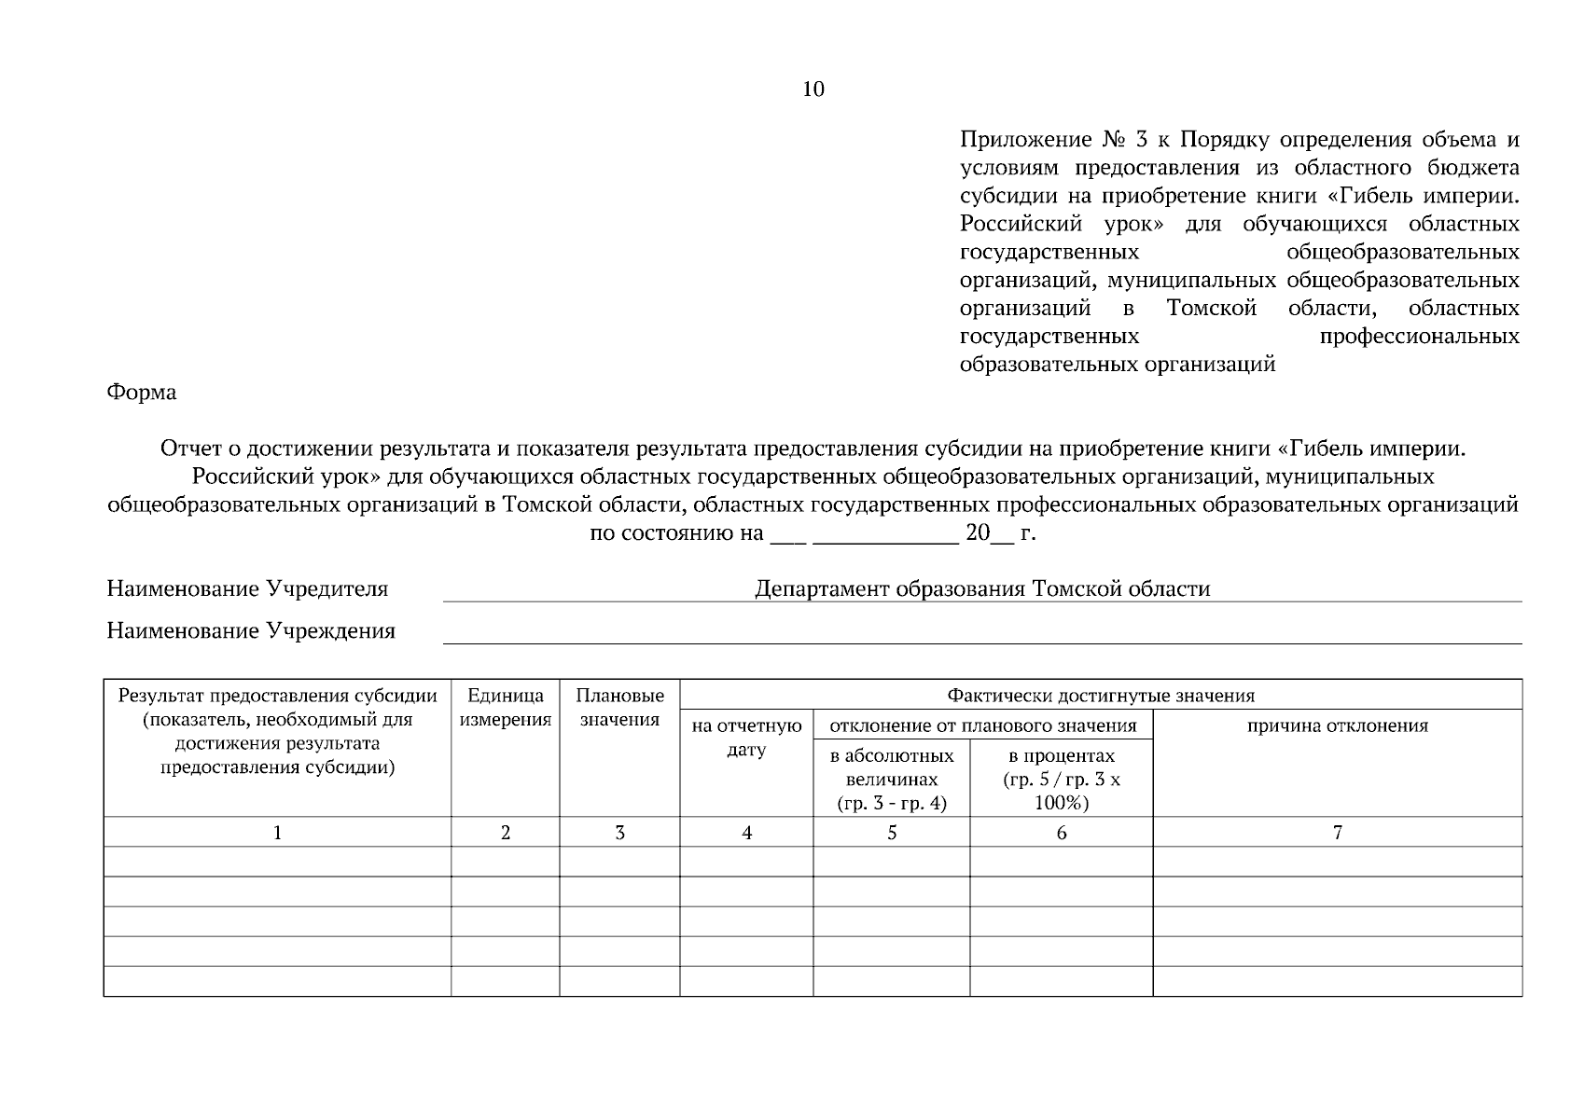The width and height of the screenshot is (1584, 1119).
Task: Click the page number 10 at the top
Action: [x=813, y=89]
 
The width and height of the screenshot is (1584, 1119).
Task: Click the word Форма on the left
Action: [x=142, y=393]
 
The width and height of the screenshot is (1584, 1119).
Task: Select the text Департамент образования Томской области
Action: [x=982, y=589]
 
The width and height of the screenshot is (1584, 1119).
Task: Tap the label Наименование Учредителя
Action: [x=247, y=589]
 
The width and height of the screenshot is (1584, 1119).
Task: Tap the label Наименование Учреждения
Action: [x=251, y=631]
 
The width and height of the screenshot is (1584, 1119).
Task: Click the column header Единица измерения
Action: [x=506, y=708]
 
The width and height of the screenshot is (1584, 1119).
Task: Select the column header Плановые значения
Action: [x=619, y=708]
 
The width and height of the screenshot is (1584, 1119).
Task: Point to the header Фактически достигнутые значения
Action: [x=1101, y=696]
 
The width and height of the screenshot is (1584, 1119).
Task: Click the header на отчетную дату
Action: [x=746, y=738]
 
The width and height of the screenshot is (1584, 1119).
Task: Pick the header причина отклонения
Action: [x=1338, y=726]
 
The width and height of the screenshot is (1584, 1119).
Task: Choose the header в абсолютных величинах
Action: [x=892, y=780]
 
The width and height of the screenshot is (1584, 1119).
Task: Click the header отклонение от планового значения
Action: [x=983, y=725]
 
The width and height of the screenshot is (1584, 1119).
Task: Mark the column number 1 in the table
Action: [x=277, y=833]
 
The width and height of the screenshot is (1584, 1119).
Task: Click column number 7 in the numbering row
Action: [x=1338, y=833]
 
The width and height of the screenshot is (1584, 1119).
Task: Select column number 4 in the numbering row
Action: [x=746, y=833]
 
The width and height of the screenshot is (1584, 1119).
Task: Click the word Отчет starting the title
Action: [x=190, y=449]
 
